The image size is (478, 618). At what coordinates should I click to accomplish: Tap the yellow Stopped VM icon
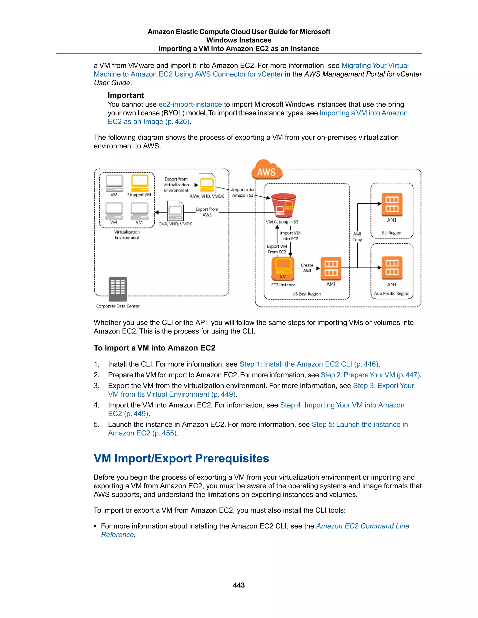[140, 183]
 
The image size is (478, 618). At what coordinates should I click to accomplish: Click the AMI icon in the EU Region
[392, 204]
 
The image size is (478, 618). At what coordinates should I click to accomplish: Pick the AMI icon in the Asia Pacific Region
[392, 268]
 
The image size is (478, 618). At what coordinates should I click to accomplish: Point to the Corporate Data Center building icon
[118, 289]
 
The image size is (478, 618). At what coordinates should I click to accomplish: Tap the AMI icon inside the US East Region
[331, 268]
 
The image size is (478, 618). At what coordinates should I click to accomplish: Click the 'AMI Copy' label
[357, 237]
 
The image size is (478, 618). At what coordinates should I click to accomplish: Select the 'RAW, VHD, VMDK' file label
[207, 196]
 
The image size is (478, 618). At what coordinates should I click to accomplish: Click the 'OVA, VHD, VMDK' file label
[175, 224]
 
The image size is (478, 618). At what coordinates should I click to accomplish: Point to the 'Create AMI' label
[307, 268]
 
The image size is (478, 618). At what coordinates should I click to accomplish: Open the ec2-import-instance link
[190, 104]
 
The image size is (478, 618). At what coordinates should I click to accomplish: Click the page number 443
[239, 585]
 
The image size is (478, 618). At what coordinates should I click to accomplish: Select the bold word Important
[126, 95]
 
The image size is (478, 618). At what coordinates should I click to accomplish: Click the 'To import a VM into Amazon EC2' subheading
[154, 348]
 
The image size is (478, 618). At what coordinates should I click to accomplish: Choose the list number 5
[97, 424]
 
